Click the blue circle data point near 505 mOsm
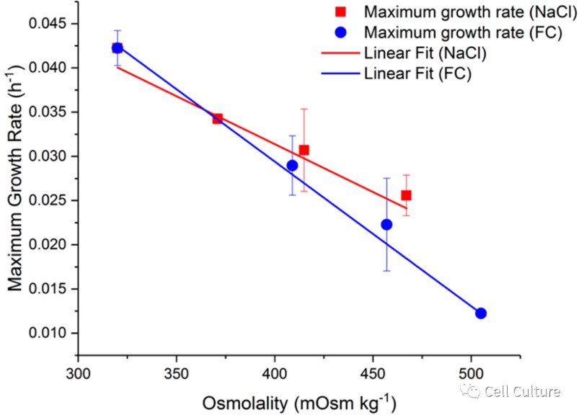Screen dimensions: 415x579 point(481,313)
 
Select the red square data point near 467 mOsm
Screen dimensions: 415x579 point(407,195)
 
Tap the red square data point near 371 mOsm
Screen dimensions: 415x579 point(217,118)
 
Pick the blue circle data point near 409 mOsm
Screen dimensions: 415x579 point(292,165)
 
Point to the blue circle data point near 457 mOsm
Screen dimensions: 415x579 point(386,224)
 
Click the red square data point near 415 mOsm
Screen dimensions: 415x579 point(304,150)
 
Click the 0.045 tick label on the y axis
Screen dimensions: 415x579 point(48,24)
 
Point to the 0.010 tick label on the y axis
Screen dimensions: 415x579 point(48,333)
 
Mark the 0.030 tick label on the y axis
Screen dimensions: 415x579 point(48,156)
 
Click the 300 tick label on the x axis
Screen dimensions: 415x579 point(78,375)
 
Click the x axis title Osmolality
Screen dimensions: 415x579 point(300,401)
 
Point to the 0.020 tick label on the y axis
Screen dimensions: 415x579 point(48,245)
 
